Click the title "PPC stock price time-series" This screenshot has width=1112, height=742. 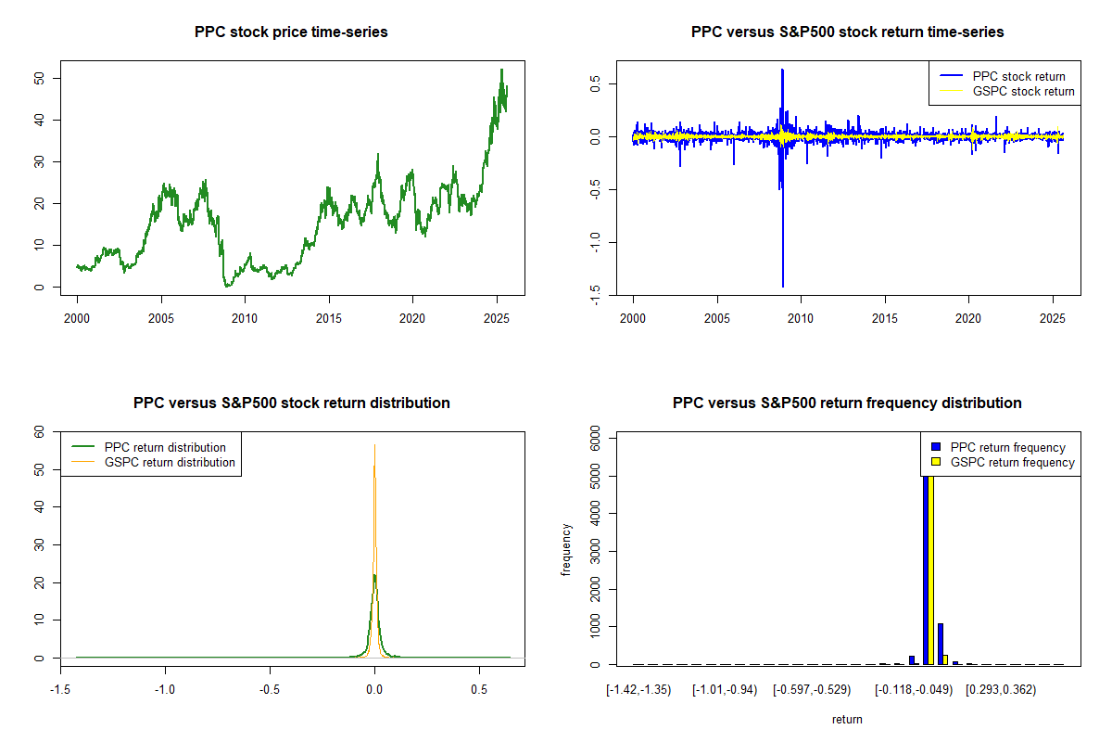tap(291, 32)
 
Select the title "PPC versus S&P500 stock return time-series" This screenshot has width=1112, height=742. tap(847, 32)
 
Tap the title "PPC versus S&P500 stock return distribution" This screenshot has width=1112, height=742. tap(291, 403)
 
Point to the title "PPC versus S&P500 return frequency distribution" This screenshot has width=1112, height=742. tap(847, 403)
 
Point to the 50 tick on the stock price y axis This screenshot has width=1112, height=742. tap(41, 79)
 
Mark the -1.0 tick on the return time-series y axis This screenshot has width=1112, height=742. tap(597, 242)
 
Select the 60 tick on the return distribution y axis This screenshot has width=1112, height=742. tap(41, 432)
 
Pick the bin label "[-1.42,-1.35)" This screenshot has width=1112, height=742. tap(638, 689)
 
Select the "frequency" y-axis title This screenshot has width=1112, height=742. tap(566, 548)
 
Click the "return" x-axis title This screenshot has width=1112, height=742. tap(847, 719)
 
